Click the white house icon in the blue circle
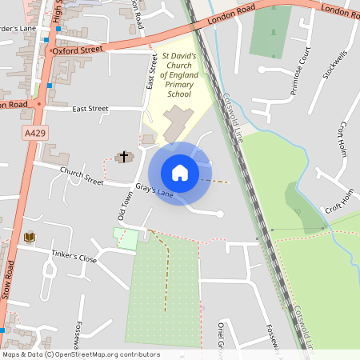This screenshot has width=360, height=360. (x=180, y=172)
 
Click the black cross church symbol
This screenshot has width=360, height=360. (x=124, y=156)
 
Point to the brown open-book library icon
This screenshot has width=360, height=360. (x=30, y=237)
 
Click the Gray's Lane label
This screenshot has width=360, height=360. (x=154, y=192)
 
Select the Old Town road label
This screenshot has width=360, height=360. (x=125, y=206)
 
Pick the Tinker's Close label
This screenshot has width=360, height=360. (x=74, y=259)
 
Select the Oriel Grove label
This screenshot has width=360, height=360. (x=219, y=336)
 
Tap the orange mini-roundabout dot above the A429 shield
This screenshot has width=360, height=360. (x=38, y=104)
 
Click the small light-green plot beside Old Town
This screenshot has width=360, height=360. (x=125, y=238)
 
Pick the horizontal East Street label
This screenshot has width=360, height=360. (x=90, y=109)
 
